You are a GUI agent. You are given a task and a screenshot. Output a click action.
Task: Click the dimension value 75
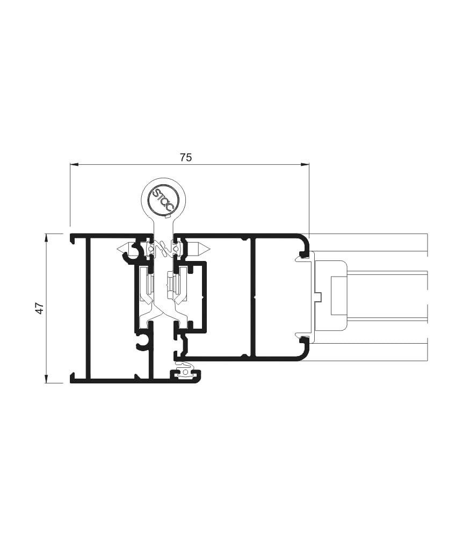pos(186,157)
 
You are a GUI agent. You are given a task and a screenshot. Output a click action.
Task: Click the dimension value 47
pos(40,308)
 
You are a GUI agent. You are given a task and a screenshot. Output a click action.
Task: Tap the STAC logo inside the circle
pos(163,199)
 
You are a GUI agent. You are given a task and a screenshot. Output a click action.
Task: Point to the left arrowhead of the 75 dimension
pos(74,165)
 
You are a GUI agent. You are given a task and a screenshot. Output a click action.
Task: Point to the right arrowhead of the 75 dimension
pos(305,165)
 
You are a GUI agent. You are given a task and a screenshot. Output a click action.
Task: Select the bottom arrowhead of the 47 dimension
pos(46,379)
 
